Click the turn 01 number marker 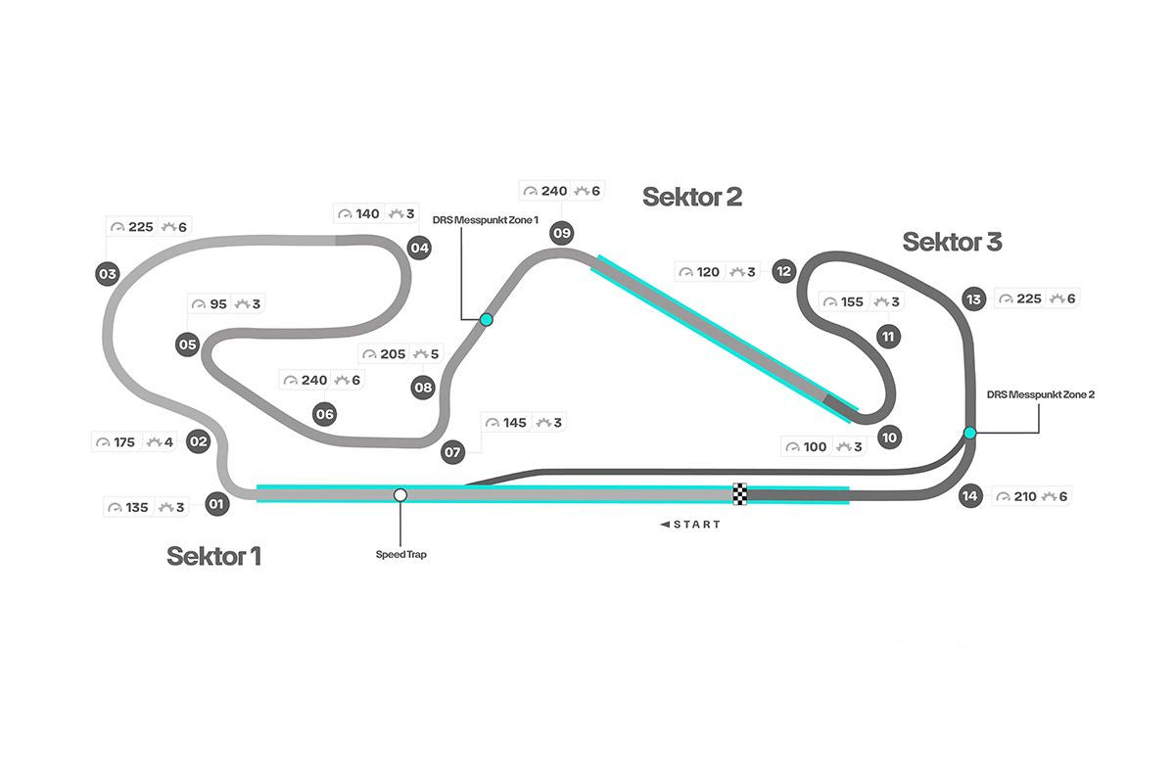coord(216,506)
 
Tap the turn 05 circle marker coord(188,345)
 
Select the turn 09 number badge coord(561,233)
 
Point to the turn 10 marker coord(889,438)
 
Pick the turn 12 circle coord(782,271)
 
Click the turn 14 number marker coord(969,496)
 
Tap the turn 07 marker coord(452,452)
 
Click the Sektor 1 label coord(213,556)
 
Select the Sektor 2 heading coord(691,197)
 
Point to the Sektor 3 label coord(952,242)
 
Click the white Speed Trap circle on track coord(399,495)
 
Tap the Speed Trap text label coord(400,555)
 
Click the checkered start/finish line coord(740,494)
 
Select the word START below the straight coord(696,525)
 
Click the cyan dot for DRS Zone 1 coord(486,319)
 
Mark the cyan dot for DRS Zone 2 coord(969,433)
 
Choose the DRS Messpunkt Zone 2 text coord(1041,394)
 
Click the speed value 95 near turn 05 coord(217,304)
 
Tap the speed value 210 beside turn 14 coord(1024,496)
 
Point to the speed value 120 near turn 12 coord(708,272)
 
